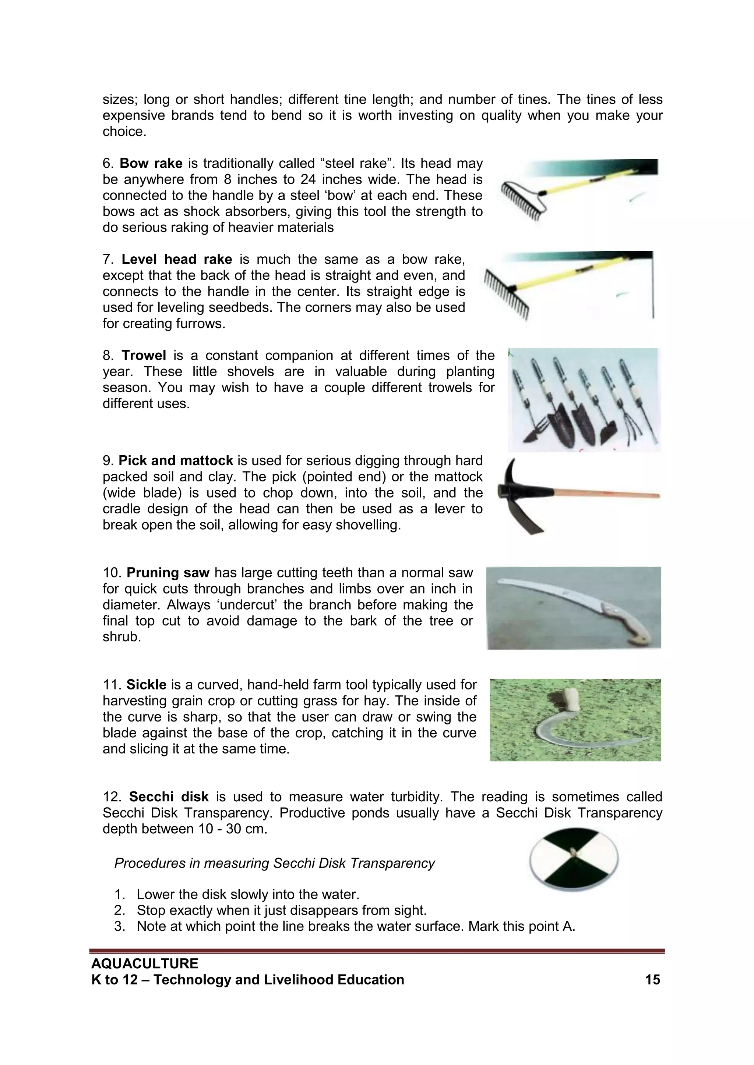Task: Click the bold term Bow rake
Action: point(151,164)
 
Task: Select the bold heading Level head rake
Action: point(176,260)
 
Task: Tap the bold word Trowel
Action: point(144,356)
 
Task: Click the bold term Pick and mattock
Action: point(176,461)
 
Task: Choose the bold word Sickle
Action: point(146,685)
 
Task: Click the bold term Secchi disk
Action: point(169,797)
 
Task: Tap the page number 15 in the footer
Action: point(652,980)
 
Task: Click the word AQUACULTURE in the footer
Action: point(145,964)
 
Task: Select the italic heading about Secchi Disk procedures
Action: point(274,863)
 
